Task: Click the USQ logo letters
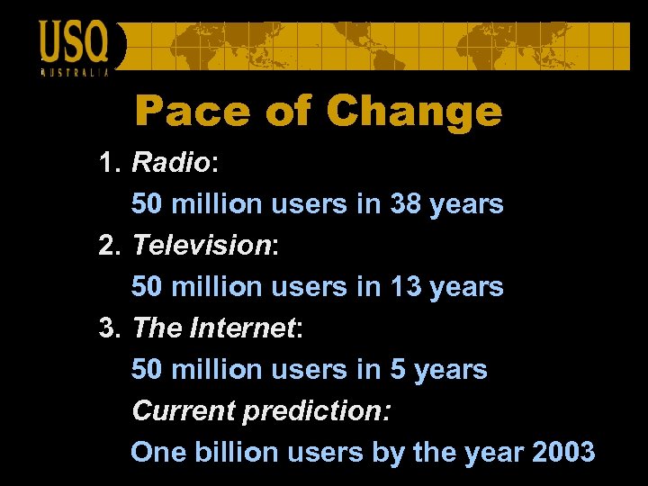(74, 42)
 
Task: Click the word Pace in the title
(190, 112)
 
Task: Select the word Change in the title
(414, 112)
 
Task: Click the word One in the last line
(156, 453)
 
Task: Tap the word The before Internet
(157, 328)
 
